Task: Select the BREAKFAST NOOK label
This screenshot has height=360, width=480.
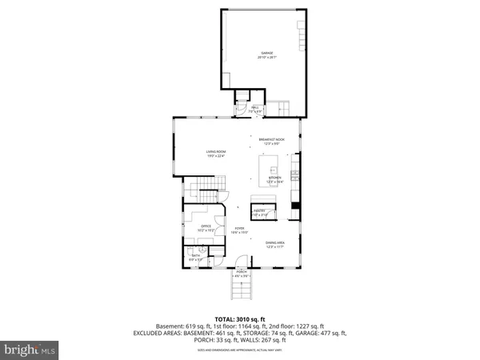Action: (272, 142)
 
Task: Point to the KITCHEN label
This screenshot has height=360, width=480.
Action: (274, 181)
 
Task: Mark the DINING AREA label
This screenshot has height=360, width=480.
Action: (275, 245)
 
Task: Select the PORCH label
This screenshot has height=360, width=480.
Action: (241, 274)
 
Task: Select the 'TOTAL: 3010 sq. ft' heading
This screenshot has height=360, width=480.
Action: (240, 318)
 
